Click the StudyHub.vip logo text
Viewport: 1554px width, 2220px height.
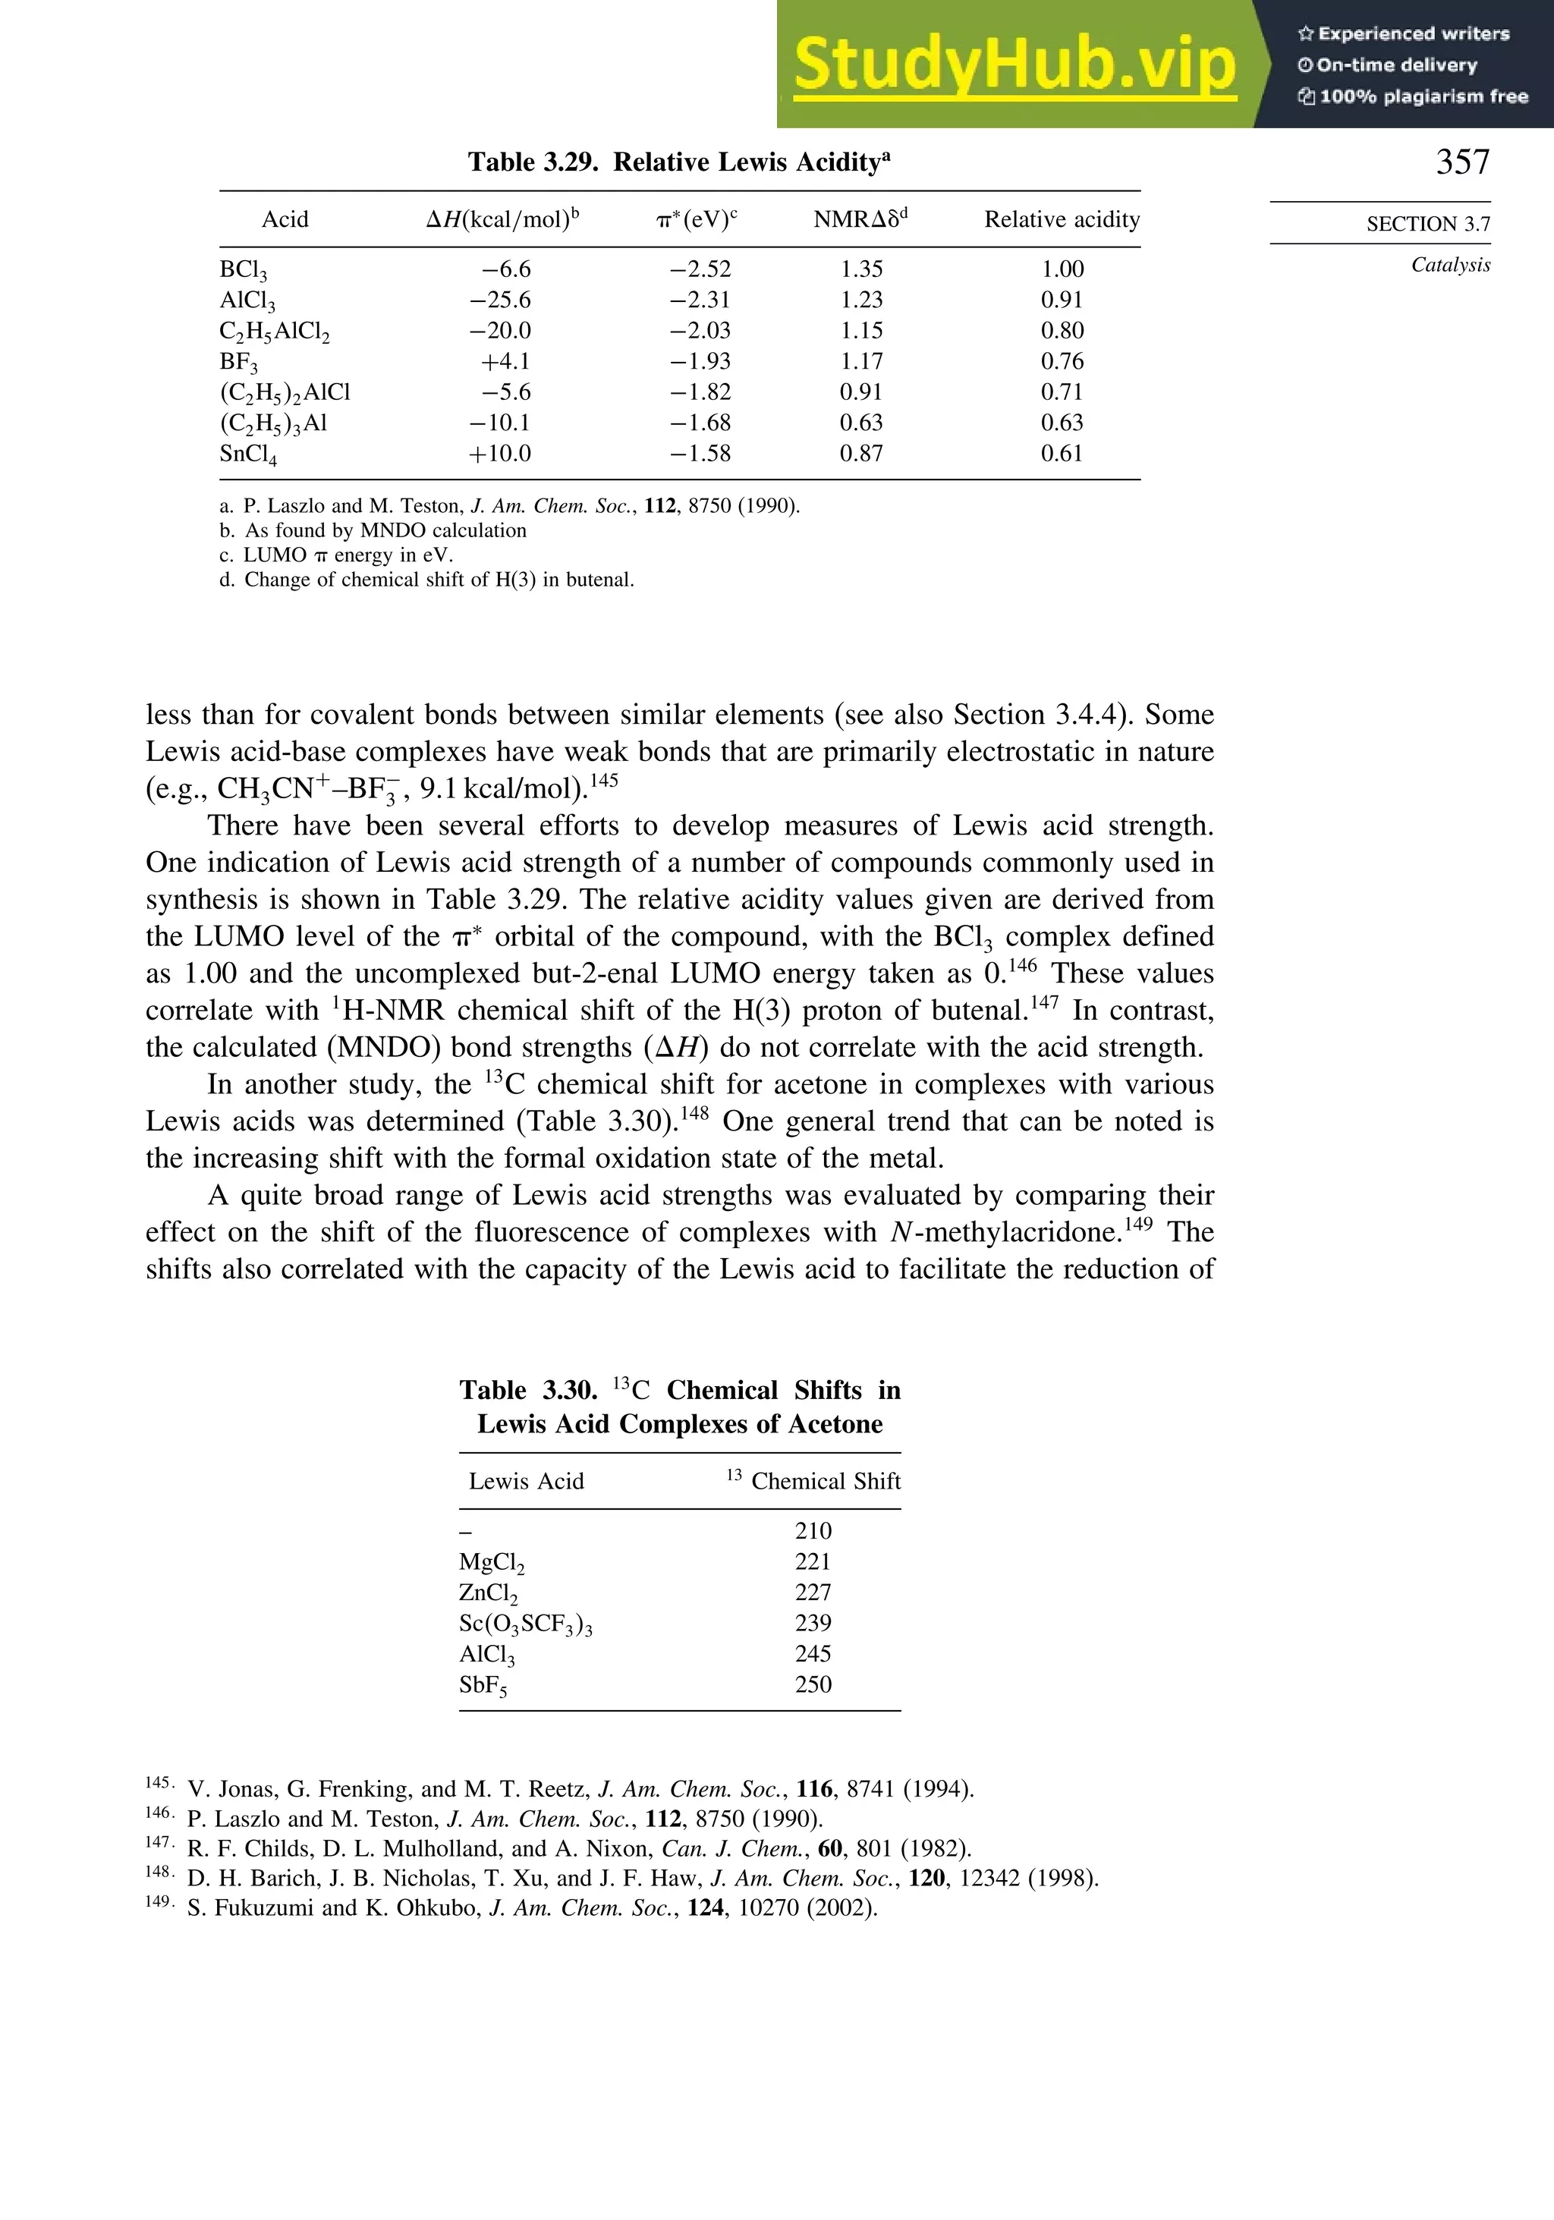[x=1015, y=64]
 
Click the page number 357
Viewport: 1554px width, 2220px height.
[x=1462, y=162]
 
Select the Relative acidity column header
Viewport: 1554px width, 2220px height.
[x=1062, y=219]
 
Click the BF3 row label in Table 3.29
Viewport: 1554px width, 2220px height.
[x=239, y=362]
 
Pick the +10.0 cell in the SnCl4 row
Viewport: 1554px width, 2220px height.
[x=500, y=454]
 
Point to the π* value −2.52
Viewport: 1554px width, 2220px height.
[x=700, y=269]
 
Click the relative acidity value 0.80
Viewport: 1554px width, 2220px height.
[x=1062, y=331]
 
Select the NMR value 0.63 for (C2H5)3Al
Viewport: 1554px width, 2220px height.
[x=860, y=423]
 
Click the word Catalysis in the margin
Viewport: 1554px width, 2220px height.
[x=1451, y=265]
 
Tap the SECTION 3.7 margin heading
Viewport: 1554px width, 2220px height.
[x=1427, y=225]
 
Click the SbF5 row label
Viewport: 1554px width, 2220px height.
[x=483, y=1685]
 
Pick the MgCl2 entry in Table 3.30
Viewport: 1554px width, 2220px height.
[x=491, y=1561]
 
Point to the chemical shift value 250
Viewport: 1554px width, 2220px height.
[x=813, y=1684]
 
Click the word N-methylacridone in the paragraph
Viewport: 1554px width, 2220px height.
[x=1005, y=1233]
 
